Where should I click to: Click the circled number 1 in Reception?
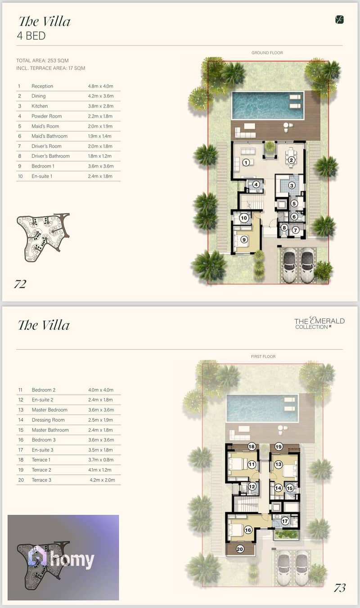click(x=246, y=162)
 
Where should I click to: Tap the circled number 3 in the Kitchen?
click(x=292, y=185)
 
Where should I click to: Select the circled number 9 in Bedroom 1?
click(x=244, y=240)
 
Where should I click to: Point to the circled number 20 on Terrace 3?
click(x=240, y=549)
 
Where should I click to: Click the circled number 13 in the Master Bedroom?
click(x=278, y=464)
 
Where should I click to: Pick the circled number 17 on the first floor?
click(x=285, y=521)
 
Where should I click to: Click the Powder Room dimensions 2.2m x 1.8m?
click(x=100, y=116)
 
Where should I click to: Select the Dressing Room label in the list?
click(x=48, y=420)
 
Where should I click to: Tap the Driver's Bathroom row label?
click(x=50, y=156)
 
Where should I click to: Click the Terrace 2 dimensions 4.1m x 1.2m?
click(x=99, y=470)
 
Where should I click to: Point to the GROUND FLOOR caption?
click(x=267, y=53)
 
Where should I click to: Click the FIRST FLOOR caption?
click(x=263, y=356)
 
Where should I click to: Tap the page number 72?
click(x=20, y=284)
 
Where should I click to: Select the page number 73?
click(x=340, y=588)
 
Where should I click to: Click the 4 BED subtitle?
click(x=31, y=36)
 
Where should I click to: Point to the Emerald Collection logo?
click(x=319, y=323)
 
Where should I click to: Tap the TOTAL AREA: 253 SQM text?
click(x=42, y=60)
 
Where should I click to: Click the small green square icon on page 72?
click(x=339, y=19)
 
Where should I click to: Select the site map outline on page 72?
click(x=43, y=237)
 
